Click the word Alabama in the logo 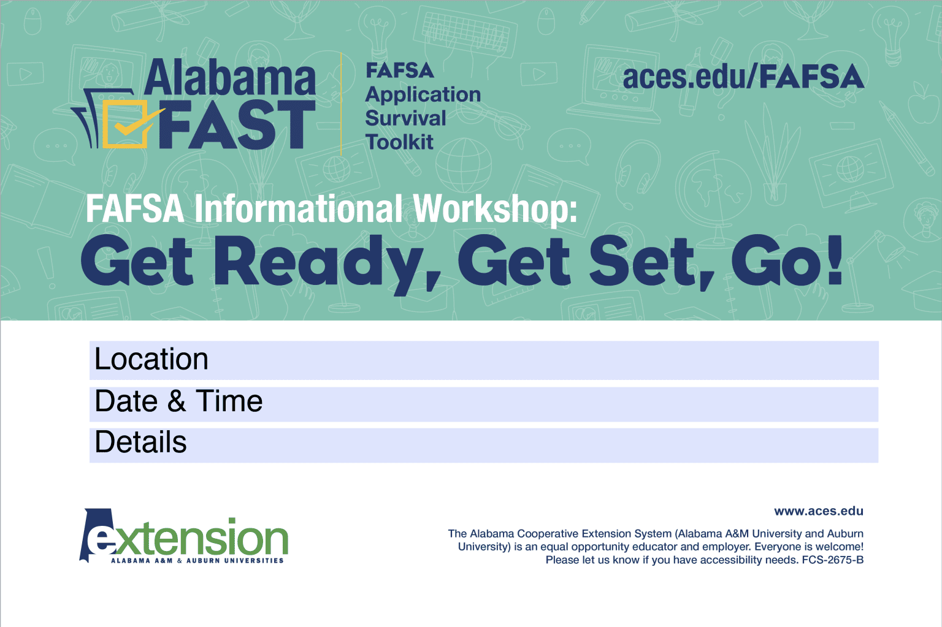coord(230,78)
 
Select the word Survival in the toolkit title coord(405,118)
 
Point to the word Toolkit coord(399,142)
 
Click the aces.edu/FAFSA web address coord(743,77)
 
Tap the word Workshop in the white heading coord(495,209)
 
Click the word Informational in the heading coord(299,209)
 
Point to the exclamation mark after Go coord(835,260)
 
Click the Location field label coord(151,359)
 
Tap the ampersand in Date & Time coord(177,401)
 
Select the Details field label coord(141,443)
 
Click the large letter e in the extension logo coord(100,539)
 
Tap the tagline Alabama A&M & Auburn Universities coord(197,560)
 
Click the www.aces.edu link coord(818,511)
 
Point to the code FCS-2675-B coord(832,560)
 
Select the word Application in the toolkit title coord(423,94)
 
